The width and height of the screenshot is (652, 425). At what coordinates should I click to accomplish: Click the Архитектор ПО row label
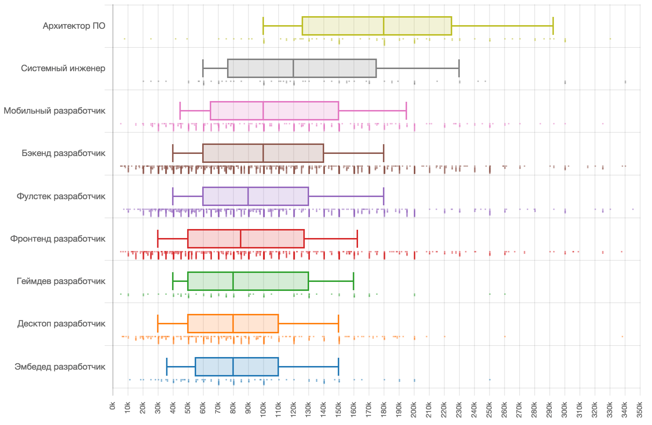pyautogui.click(x=74, y=26)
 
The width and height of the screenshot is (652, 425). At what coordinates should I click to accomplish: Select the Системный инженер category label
pyautogui.click(x=63, y=68)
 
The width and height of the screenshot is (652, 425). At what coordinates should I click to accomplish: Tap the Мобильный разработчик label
pyautogui.click(x=54, y=111)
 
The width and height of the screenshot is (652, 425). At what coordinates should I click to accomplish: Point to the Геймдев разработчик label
pyautogui.click(x=61, y=281)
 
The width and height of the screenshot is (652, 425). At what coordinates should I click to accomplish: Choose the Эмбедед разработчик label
pyautogui.click(x=60, y=367)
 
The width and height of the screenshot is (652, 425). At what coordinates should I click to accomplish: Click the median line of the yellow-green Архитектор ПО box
pyautogui.click(x=384, y=26)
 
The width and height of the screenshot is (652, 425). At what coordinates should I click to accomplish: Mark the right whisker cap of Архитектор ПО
pyautogui.click(x=553, y=26)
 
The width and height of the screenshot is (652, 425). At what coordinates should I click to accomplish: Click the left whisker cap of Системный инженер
pyautogui.click(x=203, y=68)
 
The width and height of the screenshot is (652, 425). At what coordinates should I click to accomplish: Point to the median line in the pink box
pyautogui.click(x=263, y=111)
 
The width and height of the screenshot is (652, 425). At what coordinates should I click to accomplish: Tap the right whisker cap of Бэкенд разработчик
pyautogui.click(x=384, y=153)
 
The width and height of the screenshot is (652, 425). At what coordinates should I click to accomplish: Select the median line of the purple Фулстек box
pyautogui.click(x=248, y=196)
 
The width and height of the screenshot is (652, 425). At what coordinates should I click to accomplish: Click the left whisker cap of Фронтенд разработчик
pyautogui.click(x=158, y=239)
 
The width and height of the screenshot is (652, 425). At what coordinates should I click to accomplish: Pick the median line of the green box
pyautogui.click(x=233, y=281)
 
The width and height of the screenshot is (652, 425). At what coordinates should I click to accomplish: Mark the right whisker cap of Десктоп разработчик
pyautogui.click(x=339, y=324)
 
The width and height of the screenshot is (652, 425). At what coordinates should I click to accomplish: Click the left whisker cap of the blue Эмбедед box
pyautogui.click(x=167, y=367)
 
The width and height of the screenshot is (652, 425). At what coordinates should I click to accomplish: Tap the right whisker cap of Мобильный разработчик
pyautogui.click(x=406, y=111)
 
